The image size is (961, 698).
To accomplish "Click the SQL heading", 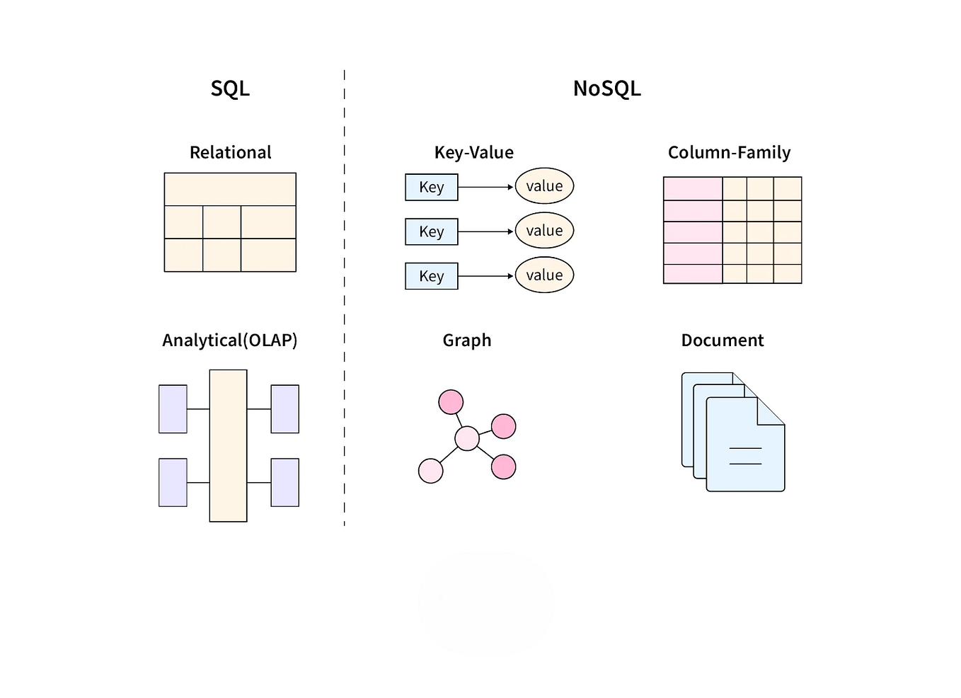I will (230, 88).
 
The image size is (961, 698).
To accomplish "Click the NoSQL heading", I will (606, 88).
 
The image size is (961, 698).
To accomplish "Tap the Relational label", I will (230, 152).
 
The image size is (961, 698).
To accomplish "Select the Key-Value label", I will (473, 152).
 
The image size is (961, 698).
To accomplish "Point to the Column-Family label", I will (729, 152).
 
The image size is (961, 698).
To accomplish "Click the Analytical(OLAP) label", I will (229, 341).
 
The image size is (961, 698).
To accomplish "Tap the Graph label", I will (466, 341).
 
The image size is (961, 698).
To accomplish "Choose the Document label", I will (722, 341).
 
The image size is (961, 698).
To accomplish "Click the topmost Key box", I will (431, 188).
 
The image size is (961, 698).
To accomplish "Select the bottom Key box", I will (431, 276).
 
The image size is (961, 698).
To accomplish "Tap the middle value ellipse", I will (544, 231).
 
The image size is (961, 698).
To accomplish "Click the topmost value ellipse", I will (544, 186).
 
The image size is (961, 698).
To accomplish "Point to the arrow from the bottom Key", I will (485, 276).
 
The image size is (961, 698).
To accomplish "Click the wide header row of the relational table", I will (230, 189).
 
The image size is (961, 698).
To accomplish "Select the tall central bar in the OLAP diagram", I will (228, 445).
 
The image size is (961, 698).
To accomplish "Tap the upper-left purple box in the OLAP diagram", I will (173, 408).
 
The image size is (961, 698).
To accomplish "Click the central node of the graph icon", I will (466, 439).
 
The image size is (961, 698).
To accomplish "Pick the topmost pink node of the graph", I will (451, 402).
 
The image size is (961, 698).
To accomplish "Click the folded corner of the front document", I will (770, 411).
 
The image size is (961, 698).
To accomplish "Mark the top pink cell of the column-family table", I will (692, 189).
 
